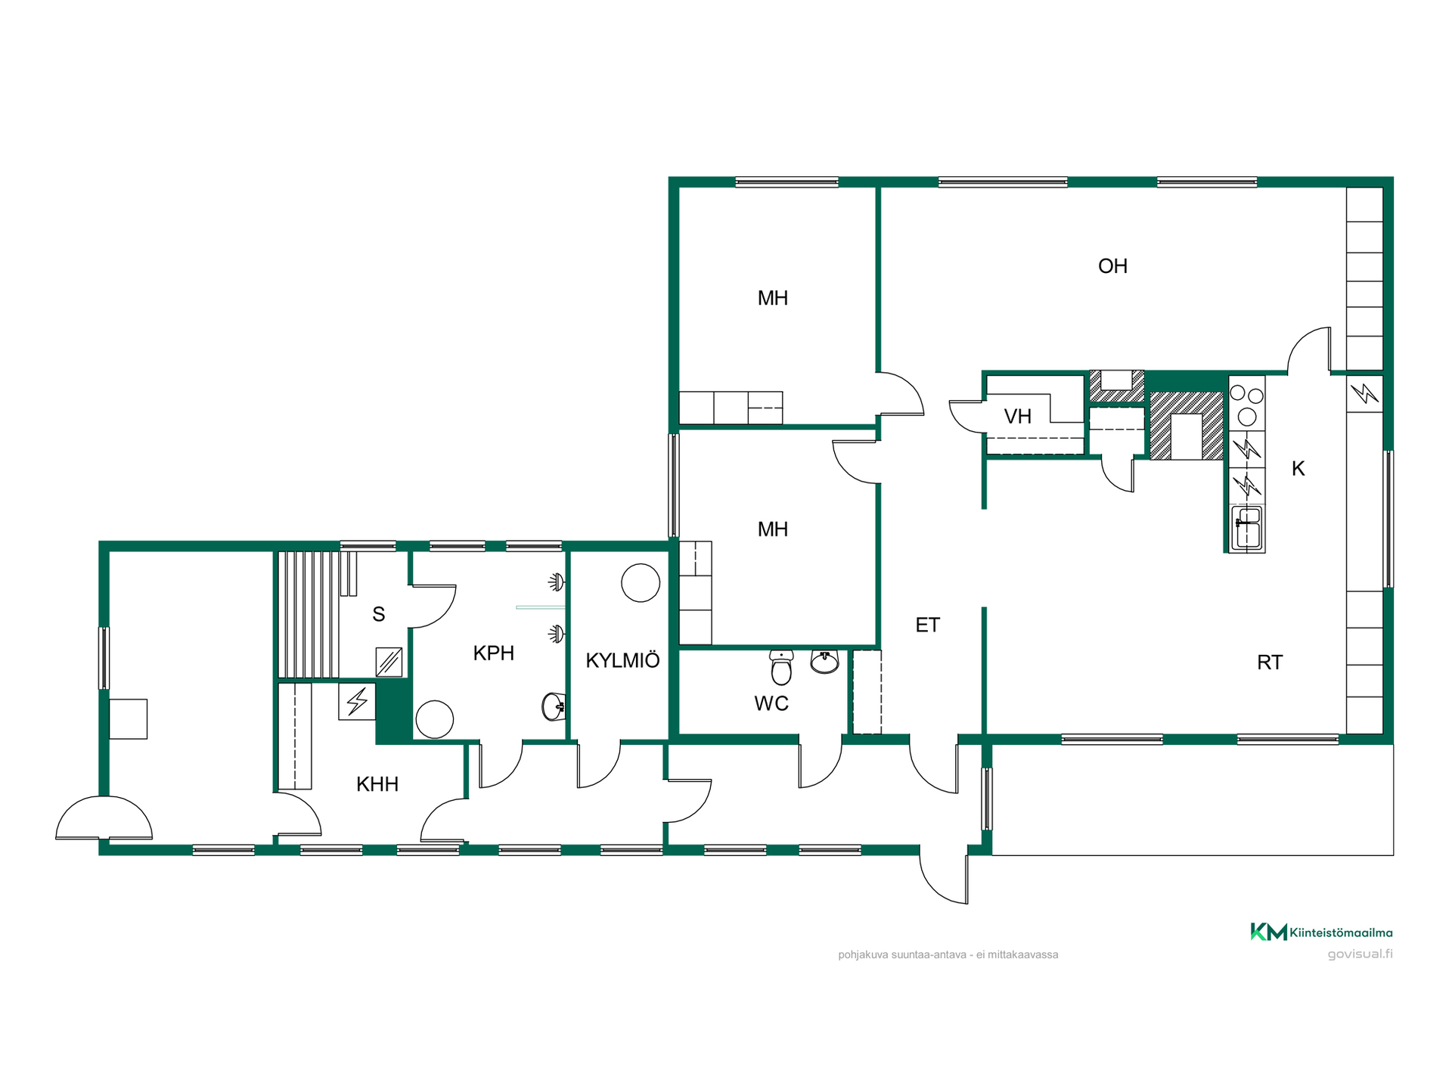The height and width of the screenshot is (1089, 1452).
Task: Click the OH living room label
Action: (x=1112, y=266)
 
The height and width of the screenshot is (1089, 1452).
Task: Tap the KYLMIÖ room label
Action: (x=622, y=660)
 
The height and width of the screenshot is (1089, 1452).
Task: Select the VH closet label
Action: (x=1018, y=416)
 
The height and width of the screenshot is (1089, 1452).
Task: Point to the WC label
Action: (x=771, y=703)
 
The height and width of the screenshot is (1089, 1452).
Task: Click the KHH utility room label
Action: (x=377, y=784)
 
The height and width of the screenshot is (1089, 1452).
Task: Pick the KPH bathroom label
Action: (x=494, y=653)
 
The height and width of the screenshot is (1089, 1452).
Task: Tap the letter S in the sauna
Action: (x=379, y=614)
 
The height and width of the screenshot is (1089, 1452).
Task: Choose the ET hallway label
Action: (x=928, y=625)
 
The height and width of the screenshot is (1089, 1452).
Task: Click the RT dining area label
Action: (x=1270, y=662)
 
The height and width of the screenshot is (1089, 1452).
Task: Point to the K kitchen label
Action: (x=1298, y=469)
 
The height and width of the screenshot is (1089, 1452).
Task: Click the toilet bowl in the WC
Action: (x=781, y=667)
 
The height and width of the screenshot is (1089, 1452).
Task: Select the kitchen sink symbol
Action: (x=1246, y=528)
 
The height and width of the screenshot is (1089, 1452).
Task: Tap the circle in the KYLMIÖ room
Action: (x=641, y=583)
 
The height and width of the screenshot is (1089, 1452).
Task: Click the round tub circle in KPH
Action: (x=434, y=719)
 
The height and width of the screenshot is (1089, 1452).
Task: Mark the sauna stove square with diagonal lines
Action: (x=389, y=662)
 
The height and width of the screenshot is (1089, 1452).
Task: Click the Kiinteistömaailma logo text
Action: (x=1341, y=932)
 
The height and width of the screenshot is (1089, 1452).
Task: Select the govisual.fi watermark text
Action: (x=1360, y=954)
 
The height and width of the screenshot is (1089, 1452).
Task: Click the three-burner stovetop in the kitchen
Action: (x=1246, y=404)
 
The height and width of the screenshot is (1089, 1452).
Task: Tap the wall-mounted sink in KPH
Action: (x=554, y=707)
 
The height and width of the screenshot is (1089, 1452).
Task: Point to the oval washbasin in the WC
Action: (x=824, y=662)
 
